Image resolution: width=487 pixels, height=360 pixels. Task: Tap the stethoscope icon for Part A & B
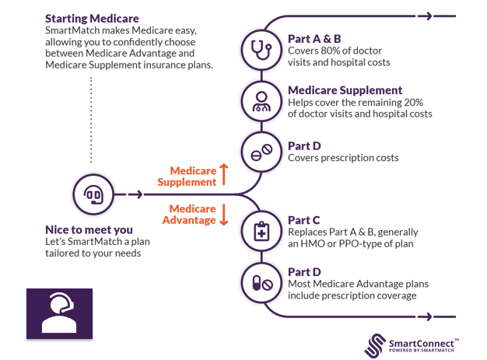pos(257,50)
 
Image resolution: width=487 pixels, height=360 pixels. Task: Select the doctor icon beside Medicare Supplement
pos(257,100)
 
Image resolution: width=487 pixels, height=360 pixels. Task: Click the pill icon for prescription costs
pos(257,151)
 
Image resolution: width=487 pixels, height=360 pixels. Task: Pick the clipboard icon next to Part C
pos(257,231)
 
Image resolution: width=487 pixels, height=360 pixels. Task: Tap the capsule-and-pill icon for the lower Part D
pos(257,283)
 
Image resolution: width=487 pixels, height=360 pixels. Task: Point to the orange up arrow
pos(224,174)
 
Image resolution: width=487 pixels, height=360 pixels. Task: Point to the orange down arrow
pos(224,215)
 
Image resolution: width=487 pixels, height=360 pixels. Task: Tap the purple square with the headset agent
pos(59,313)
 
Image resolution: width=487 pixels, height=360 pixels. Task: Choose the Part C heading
pos(303,220)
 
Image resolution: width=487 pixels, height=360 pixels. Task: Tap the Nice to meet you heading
pos(89,229)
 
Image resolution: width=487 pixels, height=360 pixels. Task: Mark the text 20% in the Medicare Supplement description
pos(419,102)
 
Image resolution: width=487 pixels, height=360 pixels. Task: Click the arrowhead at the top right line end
pos(451,16)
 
